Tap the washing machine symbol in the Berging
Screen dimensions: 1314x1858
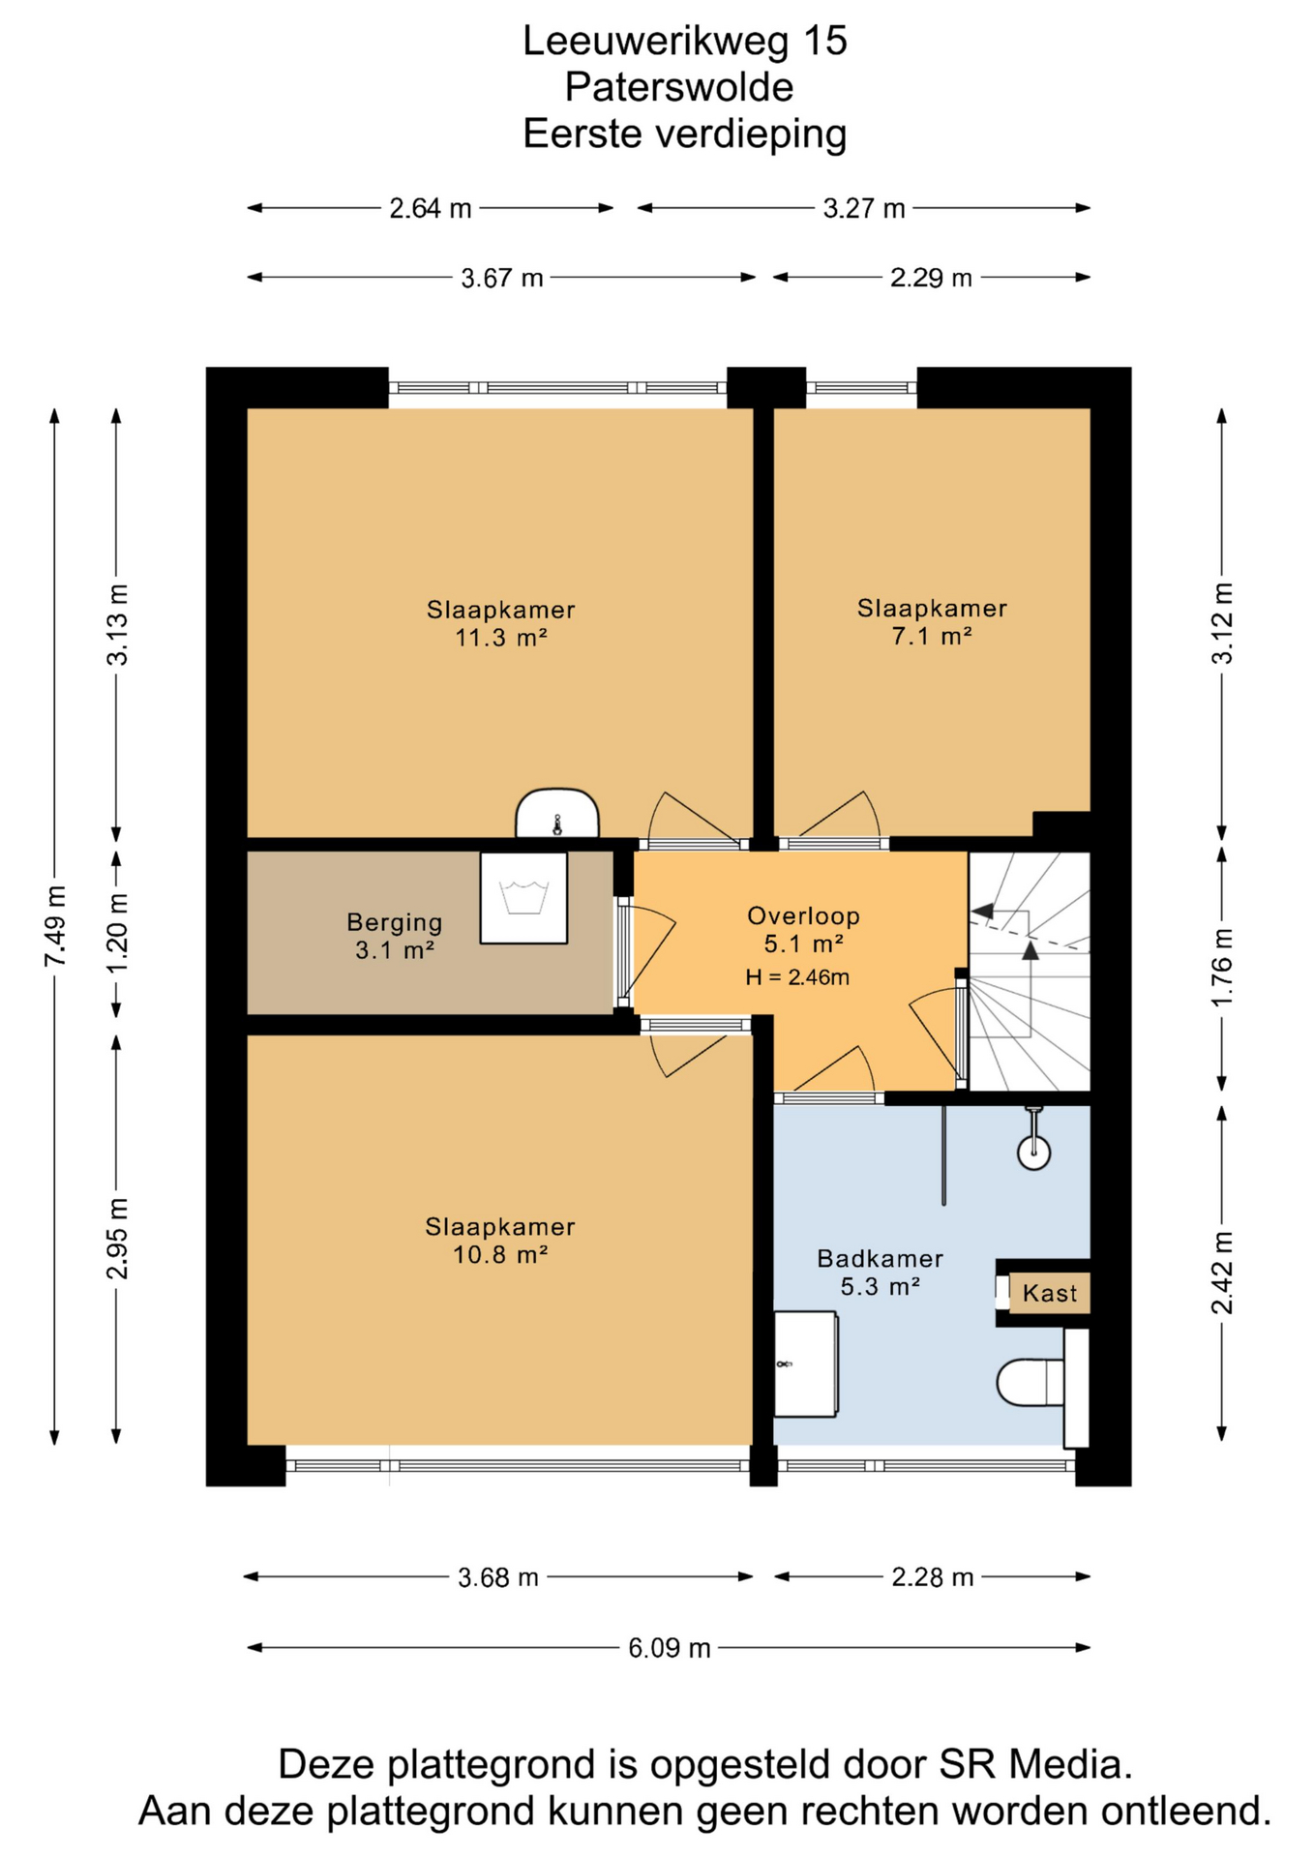pyautogui.click(x=523, y=897)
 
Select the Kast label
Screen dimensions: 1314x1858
pyautogui.click(x=1050, y=1293)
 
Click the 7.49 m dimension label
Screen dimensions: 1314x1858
pyautogui.click(x=55, y=926)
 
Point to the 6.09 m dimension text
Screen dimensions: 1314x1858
pyautogui.click(x=670, y=1648)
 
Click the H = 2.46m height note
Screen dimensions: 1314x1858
pyautogui.click(x=797, y=977)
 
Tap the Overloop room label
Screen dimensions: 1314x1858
pyautogui.click(x=803, y=915)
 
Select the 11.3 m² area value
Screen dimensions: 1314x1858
pyautogui.click(x=501, y=638)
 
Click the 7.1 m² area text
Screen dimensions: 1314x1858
pyautogui.click(x=932, y=636)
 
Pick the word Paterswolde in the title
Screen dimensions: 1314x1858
pyautogui.click(x=679, y=87)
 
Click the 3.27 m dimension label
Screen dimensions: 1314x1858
pyautogui.click(x=864, y=208)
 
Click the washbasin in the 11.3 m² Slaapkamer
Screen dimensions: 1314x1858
pyautogui.click(x=557, y=813)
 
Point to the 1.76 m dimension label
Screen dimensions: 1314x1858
pyautogui.click(x=1223, y=967)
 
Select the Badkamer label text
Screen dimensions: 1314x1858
pyautogui.click(x=880, y=1259)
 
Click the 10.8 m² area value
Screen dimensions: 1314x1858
pyautogui.click(x=501, y=1255)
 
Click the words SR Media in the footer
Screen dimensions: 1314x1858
pyautogui.click(x=1035, y=1764)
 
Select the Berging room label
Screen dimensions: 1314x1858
pyautogui.click(x=395, y=922)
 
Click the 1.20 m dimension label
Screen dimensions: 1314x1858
pyautogui.click(x=117, y=936)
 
